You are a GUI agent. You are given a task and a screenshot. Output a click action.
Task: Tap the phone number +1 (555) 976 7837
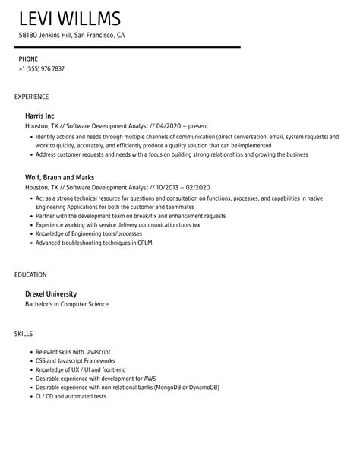pyautogui.click(x=41, y=69)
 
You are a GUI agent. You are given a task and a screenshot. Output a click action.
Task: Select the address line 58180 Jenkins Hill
pyautogui.click(x=71, y=36)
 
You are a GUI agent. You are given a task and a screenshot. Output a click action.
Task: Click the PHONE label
pyautogui.click(x=28, y=59)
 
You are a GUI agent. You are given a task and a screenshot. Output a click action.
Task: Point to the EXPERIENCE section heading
pyautogui.click(x=32, y=97)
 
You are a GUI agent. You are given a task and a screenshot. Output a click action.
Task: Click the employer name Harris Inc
pyautogui.click(x=40, y=116)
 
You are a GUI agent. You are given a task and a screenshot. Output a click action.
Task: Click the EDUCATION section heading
pyautogui.click(x=31, y=274)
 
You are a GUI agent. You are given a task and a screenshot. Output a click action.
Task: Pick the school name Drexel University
pyautogui.click(x=51, y=293)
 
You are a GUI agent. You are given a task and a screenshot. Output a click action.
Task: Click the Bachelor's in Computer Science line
pyautogui.click(x=67, y=304)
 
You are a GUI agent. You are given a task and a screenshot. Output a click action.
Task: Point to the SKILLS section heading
pyautogui.click(x=24, y=312)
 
